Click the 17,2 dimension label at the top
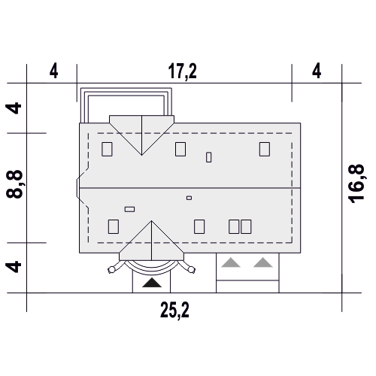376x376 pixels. [182, 71]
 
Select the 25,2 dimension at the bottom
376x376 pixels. [174, 311]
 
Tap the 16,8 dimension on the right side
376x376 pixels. [356, 183]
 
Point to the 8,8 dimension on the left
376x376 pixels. [15, 184]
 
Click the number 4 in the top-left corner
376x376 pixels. [53, 71]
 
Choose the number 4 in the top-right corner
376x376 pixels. [317, 71]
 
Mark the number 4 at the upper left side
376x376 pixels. [14, 108]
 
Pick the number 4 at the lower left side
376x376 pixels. [14, 267]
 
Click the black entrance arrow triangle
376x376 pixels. [152, 283]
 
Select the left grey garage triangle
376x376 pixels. [231, 262]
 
